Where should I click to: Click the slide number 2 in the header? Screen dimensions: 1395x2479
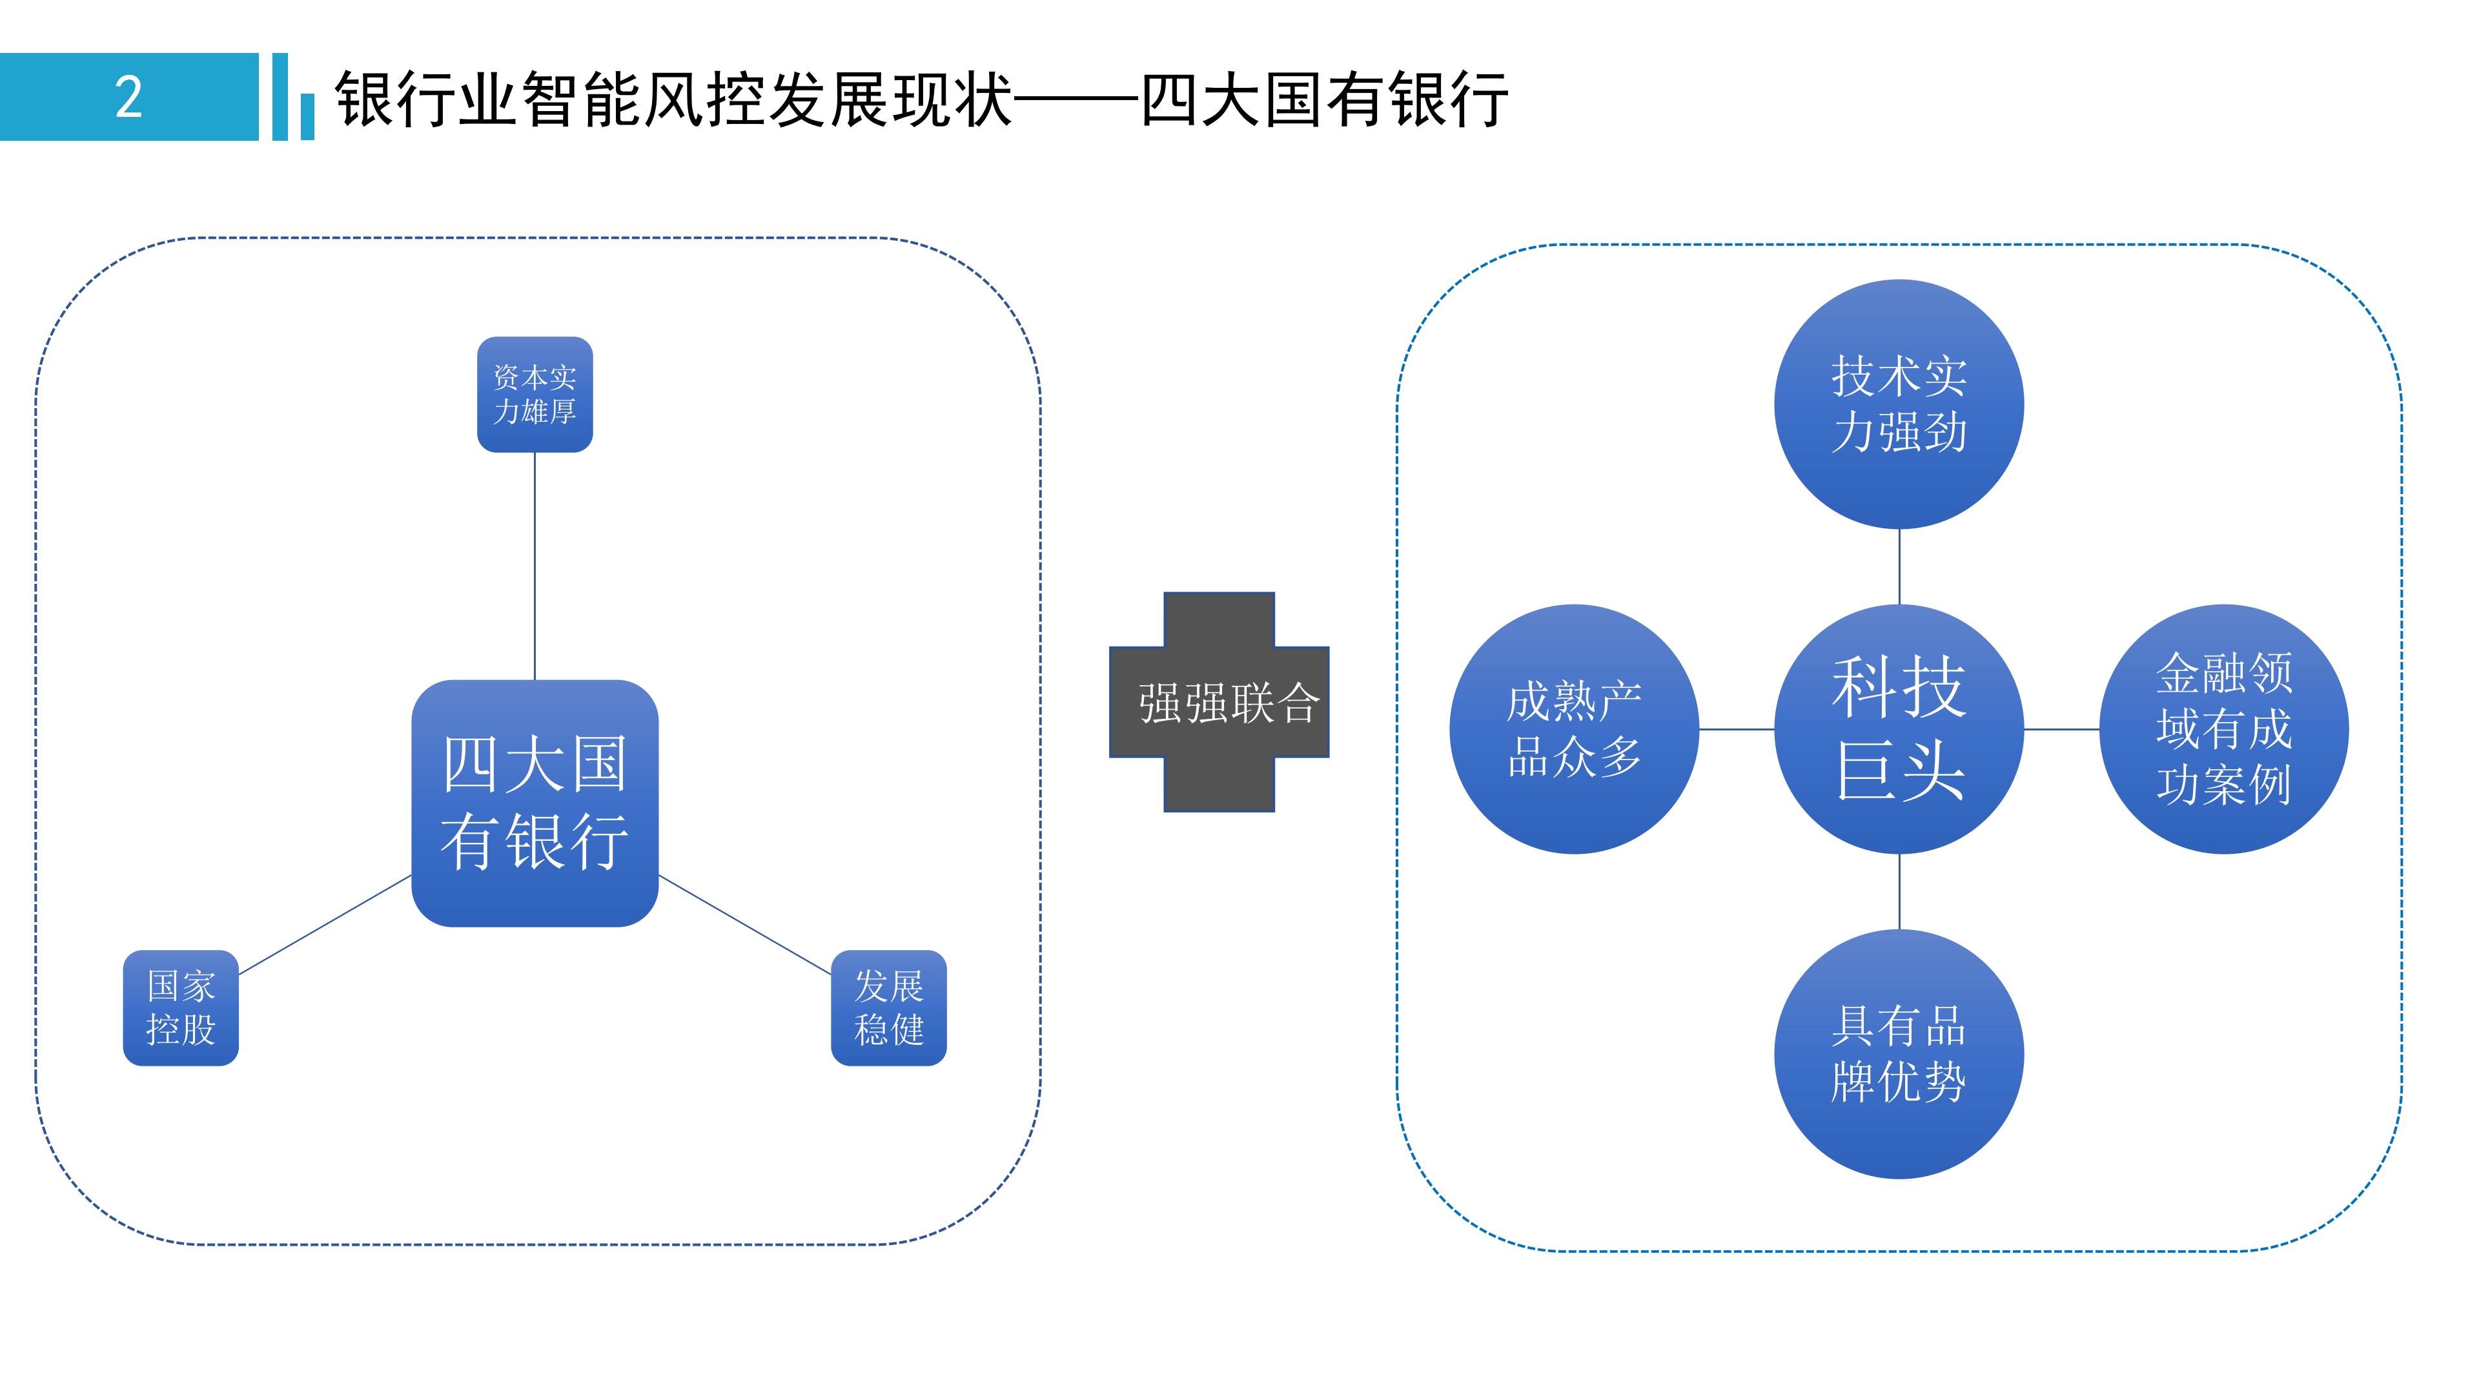point(129,98)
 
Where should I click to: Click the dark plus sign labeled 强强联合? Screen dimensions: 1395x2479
point(1219,702)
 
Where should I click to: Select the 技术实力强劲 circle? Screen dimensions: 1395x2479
point(1898,404)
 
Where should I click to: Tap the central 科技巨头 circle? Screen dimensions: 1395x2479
point(1898,728)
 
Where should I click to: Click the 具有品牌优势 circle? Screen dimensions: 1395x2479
point(1898,1053)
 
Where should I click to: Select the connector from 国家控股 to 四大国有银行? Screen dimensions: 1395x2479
point(325,924)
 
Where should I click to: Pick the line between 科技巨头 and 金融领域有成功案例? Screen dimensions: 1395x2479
point(2061,728)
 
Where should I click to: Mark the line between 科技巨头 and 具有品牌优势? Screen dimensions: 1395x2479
point(1899,891)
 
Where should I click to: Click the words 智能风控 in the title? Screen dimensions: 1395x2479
point(645,99)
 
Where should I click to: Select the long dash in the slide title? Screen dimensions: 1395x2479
point(1076,99)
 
